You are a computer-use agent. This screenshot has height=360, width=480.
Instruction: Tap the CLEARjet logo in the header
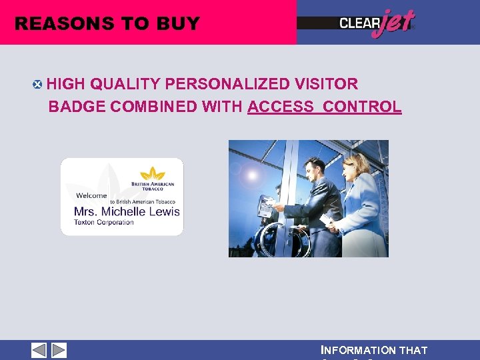(x=376, y=23)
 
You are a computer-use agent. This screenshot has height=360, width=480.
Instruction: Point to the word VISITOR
(x=326, y=84)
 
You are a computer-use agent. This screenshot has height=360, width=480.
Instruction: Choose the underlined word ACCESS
(x=281, y=107)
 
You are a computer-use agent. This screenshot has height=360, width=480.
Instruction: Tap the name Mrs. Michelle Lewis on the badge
(x=127, y=211)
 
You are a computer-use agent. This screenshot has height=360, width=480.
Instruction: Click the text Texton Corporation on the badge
(x=104, y=222)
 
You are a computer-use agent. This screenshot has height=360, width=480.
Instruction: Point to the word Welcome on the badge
(x=91, y=195)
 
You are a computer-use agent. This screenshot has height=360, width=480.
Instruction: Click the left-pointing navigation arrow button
(x=39, y=350)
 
